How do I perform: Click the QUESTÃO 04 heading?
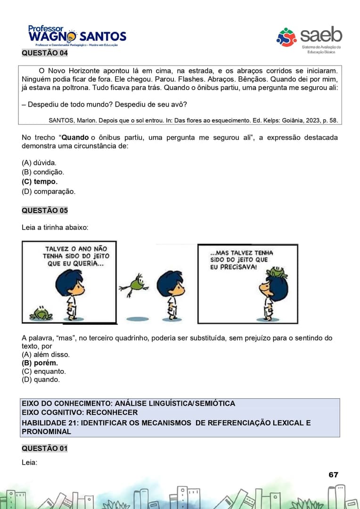pos(45,53)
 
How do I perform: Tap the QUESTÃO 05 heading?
pos(45,210)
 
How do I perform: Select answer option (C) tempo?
pos(40,182)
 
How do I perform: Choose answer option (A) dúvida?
pos(39,163)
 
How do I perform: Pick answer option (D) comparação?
pos(49,191)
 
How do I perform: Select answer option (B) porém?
pos(40,363)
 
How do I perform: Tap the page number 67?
pos(333,475)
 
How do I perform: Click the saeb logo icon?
pos(286,37)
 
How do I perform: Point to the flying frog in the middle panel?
pos(135,285)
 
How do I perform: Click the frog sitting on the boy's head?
pos(277,272)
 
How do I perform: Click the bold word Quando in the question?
pos(75,138)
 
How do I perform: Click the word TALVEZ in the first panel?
pos(59,249)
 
